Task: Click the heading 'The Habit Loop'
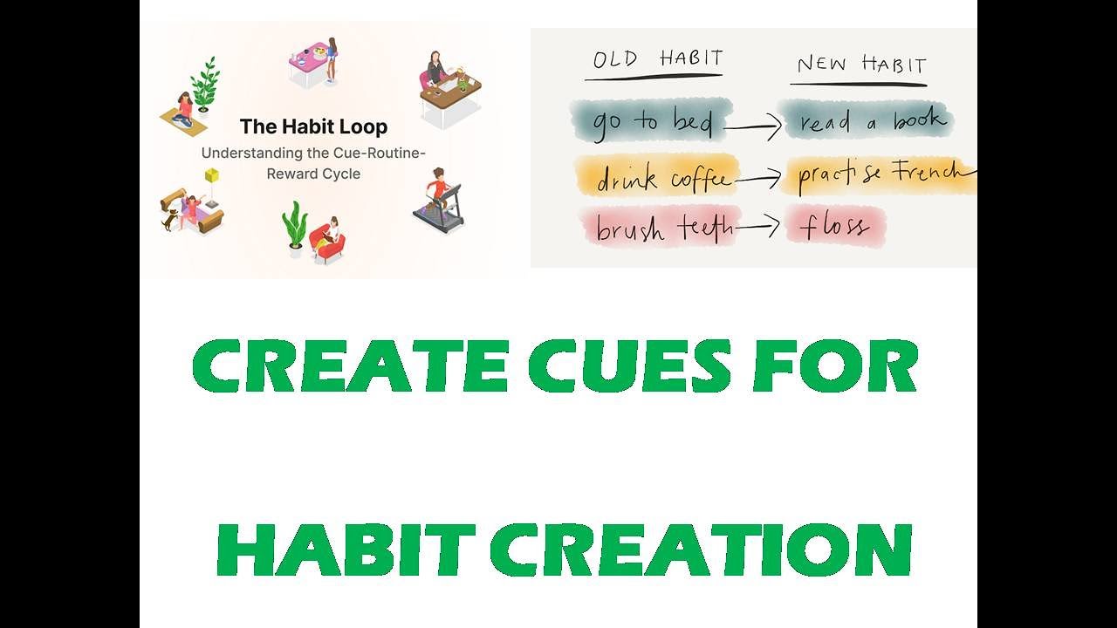click(x=313, y=126)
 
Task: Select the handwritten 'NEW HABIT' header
click(x=861, y=64)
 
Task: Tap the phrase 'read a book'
click(x=867, y=121)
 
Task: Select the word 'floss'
click(x=834, y=227)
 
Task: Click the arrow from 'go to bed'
click(x=752, y=129)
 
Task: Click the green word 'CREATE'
click(x=349, y=366)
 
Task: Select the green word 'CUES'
click(x=628, y=366)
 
